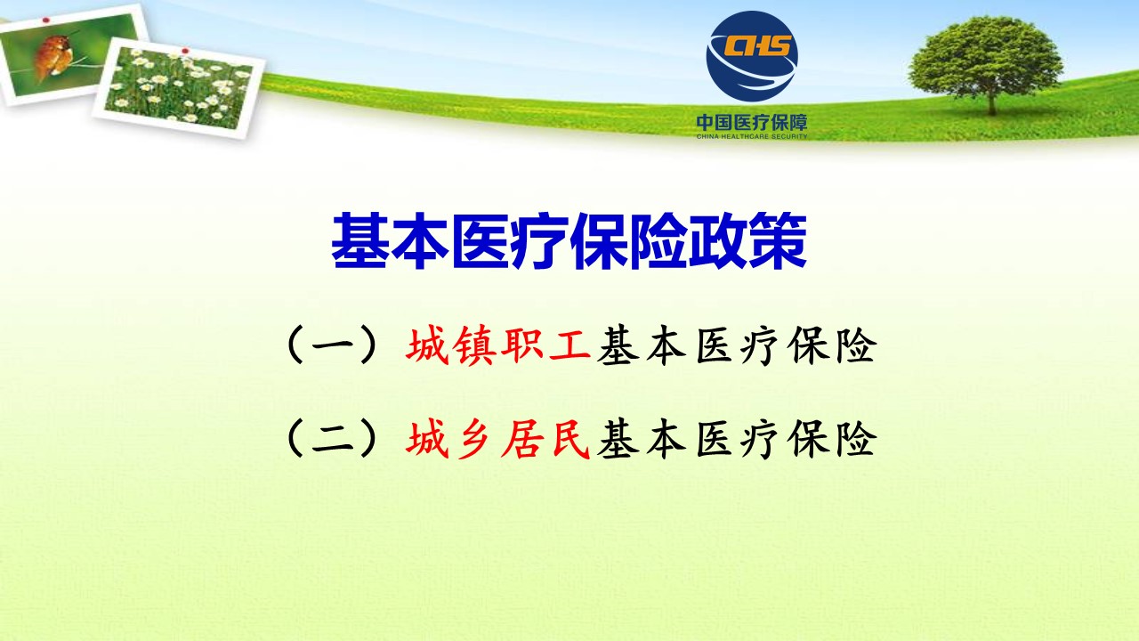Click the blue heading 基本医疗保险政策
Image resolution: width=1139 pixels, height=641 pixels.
569,241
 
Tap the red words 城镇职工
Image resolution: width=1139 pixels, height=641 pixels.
497,346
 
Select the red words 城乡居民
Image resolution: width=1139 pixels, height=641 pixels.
497,440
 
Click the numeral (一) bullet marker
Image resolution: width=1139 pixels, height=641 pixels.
333,346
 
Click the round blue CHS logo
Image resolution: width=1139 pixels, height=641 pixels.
752,56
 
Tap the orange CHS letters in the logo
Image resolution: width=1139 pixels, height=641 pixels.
758,45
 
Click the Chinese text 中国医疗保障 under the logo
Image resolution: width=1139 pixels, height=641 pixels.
752,123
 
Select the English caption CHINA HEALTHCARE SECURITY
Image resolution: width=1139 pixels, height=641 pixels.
752,136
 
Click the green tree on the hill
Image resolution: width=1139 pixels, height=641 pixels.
985,63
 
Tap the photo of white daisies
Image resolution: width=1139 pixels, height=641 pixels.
179,87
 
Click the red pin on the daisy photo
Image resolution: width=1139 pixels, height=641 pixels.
185,51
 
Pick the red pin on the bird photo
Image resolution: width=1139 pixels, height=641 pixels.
46,20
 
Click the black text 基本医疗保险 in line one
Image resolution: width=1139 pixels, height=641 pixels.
737,346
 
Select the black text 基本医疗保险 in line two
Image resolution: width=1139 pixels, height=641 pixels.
737,440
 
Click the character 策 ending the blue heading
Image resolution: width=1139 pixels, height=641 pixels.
778,241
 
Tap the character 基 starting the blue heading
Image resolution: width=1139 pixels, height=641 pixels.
360,241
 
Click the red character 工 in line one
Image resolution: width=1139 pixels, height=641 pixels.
570,346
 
